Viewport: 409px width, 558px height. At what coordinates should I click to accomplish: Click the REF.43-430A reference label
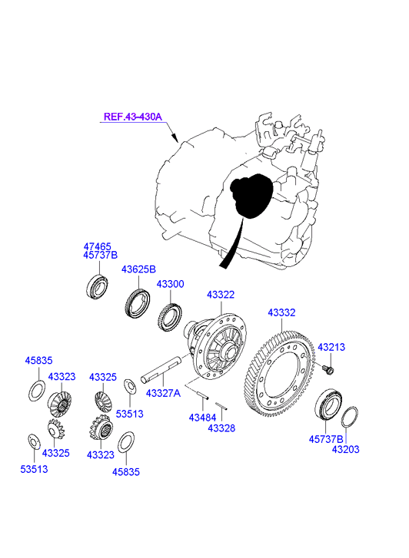coord(133,117)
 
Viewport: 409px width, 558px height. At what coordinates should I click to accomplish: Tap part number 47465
coord(98,246)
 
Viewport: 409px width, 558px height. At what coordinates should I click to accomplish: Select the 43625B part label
coord(138,269)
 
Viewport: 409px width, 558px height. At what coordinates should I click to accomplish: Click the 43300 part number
coord(171,284)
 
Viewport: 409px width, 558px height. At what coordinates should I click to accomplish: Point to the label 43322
coord(221,295)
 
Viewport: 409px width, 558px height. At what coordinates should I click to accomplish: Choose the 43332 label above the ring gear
coord(281,312)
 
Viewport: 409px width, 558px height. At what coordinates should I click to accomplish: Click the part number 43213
coord(331,347)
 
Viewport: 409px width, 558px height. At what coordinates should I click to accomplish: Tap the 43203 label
coord(346,449)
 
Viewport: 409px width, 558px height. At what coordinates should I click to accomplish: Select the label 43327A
coord(163,393)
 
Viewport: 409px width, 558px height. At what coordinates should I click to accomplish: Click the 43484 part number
coord(202,418)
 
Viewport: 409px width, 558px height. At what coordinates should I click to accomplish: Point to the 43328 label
coord(221,428)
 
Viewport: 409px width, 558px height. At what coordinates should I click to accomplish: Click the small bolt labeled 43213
coord(328,370)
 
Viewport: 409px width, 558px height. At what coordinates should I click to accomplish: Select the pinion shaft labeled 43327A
coord(161,371)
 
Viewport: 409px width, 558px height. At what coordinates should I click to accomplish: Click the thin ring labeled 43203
coord(350,417)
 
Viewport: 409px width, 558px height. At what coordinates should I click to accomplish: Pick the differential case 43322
coord(217,344)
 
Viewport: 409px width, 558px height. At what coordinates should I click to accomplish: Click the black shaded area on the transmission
coord(251,196)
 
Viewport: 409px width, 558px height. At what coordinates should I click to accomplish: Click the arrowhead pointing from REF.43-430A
coord(175,137)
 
